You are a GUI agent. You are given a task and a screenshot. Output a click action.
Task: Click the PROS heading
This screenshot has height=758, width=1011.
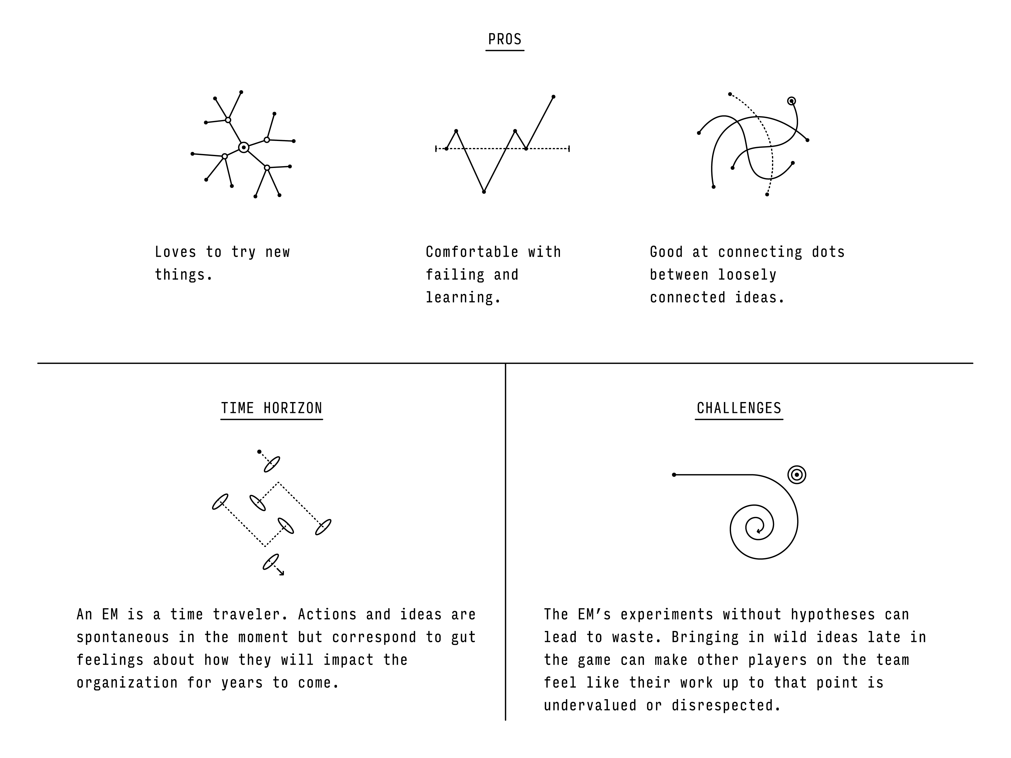(504, 39)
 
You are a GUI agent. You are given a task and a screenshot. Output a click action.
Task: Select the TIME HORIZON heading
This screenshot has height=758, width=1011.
(271, 408)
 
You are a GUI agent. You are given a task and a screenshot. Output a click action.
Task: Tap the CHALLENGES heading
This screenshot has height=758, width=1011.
(739, 408)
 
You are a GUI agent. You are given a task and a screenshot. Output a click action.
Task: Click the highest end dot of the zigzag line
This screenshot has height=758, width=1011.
(554, 97)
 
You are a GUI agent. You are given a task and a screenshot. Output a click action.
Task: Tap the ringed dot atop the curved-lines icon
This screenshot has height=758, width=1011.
(792, 101)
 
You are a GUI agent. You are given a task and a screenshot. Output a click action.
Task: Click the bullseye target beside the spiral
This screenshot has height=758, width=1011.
(797, 475)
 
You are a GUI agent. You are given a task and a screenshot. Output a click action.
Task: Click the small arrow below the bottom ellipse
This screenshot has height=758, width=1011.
(279, 571)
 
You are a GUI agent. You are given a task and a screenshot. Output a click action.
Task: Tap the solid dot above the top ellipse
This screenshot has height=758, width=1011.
(259, 452)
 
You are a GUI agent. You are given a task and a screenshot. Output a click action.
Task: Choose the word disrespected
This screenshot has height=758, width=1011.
(726, 706)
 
